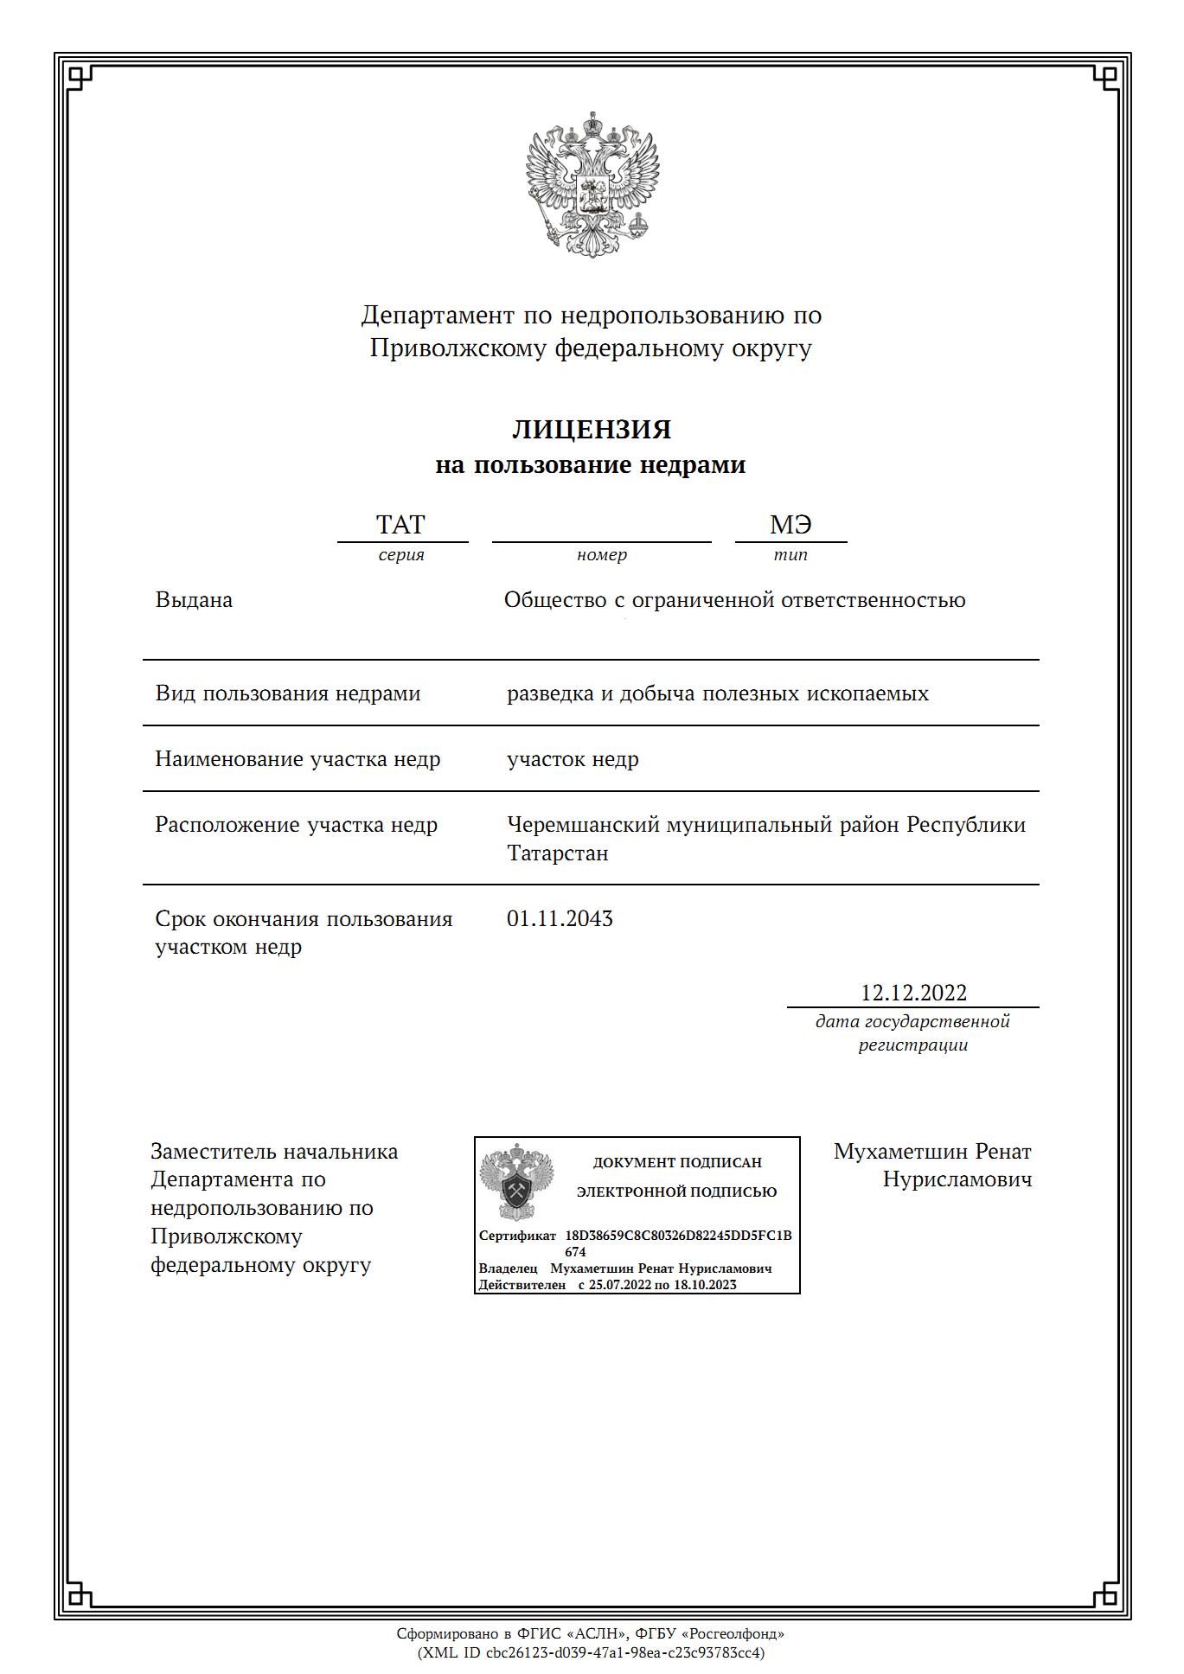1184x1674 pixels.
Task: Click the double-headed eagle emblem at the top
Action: [592, 184]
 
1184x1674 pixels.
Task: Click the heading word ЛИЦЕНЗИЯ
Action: [592, 430]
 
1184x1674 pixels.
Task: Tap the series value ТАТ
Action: [400, 525]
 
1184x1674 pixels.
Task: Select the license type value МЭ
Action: [790, 525]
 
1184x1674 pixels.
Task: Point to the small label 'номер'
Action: [601, 555]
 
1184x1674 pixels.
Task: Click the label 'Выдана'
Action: [194, 600]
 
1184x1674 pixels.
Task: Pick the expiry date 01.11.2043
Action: [560, 918]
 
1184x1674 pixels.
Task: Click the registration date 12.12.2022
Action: [913, 993]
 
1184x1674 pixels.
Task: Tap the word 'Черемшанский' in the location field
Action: [583, 825]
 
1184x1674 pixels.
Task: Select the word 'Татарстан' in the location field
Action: [557, 853]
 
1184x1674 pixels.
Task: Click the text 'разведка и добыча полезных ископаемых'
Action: [718, 693]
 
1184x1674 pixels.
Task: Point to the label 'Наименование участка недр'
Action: [298, 759]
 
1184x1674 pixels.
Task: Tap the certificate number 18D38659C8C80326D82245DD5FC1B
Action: [678, 1236]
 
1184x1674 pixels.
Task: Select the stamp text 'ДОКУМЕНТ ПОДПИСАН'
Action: [677, 1163]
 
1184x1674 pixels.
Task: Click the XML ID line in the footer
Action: [592, 1652]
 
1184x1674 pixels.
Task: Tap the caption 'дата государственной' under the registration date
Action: [912, 1022]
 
